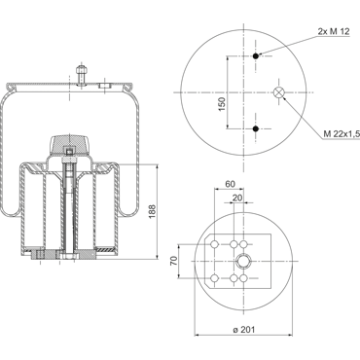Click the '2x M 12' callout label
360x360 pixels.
334,31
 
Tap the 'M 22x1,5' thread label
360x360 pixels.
342,133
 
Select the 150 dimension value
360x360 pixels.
222,104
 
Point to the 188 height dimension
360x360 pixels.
152,211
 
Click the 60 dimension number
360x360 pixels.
230,184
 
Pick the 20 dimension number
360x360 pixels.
237,198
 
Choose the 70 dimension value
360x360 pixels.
174,261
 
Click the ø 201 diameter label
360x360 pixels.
244,330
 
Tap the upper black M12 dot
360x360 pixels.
256,56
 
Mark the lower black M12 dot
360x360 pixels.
256,128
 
